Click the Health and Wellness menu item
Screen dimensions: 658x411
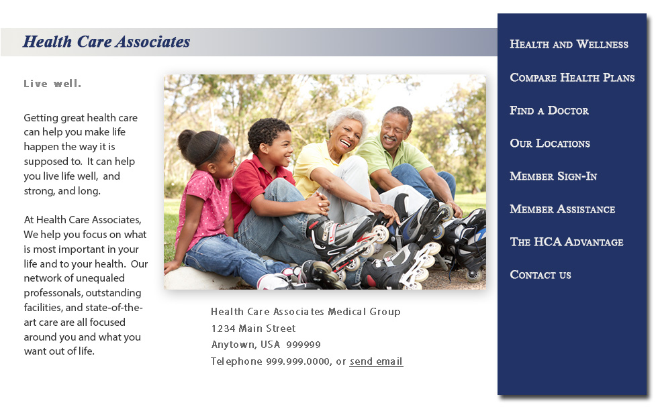coord(569,44)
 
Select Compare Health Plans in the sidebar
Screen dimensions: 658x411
coord(572,78)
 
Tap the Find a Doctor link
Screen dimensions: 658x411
coord(549,110)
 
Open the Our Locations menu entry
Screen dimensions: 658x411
coord(550,143)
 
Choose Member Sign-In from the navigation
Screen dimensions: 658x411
coord(553,176)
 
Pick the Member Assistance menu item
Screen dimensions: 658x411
coord(563,209)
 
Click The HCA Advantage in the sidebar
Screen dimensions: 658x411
coord(567,242)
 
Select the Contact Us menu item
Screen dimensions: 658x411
coord(540,275)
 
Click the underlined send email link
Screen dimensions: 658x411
coord(376,361)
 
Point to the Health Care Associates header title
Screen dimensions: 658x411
coord(106,42)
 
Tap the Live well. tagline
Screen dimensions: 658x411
coord(52,84)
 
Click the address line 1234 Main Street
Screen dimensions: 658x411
coord(254,329)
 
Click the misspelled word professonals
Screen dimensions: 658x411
coord(82,293)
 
